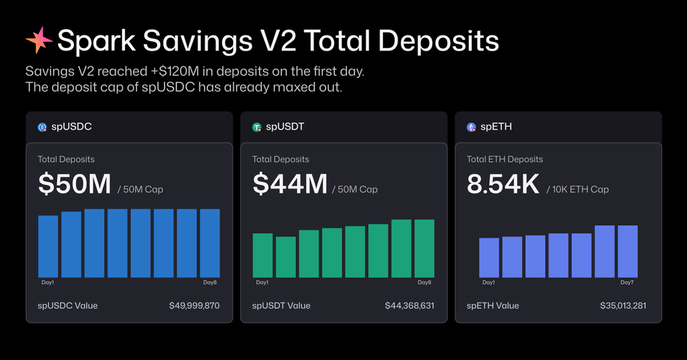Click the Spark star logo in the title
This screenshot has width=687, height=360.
[x=39, y=41]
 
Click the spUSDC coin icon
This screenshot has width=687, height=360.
[x=42, y=126]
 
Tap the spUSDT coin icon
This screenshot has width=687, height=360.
[x=256, y=126]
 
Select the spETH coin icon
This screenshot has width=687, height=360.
[x=471, y=126]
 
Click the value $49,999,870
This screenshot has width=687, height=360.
[x=194, y=305]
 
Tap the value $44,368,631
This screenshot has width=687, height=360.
[x=409, y=305]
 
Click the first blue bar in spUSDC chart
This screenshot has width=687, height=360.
[x=48, y=246]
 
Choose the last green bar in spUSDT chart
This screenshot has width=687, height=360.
[x=424, y=248]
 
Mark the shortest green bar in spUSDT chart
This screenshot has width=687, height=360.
[x=286, y=257]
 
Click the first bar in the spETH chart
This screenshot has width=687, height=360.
[x=489, y=258]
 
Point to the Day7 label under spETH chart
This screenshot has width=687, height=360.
[x=626, y=283]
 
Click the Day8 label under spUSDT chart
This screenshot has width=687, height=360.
[x=425, y=283]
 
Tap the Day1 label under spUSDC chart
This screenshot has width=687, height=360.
[x=48, y=283]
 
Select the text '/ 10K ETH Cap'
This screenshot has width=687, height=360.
[x=577, y=190]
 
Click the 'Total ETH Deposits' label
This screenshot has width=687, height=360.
[x=505, y=160]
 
